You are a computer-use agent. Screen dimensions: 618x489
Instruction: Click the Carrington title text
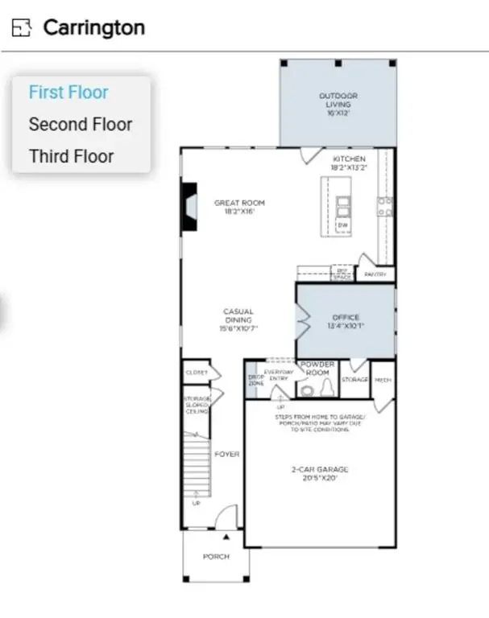[93, 27]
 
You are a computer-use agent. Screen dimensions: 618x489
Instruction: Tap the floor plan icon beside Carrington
[21, 28]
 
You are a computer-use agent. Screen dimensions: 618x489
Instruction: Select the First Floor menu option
[68, 93]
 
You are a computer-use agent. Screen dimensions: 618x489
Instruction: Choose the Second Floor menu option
[80, 125]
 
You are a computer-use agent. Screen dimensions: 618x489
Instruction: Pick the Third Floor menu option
[71, 156]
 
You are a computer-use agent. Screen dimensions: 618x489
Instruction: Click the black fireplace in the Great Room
[188, 207]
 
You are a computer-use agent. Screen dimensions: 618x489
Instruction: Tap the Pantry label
[375, 274]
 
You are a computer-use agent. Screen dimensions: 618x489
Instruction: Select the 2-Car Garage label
[320, 473]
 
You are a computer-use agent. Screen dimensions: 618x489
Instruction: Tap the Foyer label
[227, 455]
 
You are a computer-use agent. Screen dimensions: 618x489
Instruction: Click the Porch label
[216, 556]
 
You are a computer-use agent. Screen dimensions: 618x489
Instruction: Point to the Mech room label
[383, 379]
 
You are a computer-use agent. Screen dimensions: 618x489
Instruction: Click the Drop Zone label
[255, 379]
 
